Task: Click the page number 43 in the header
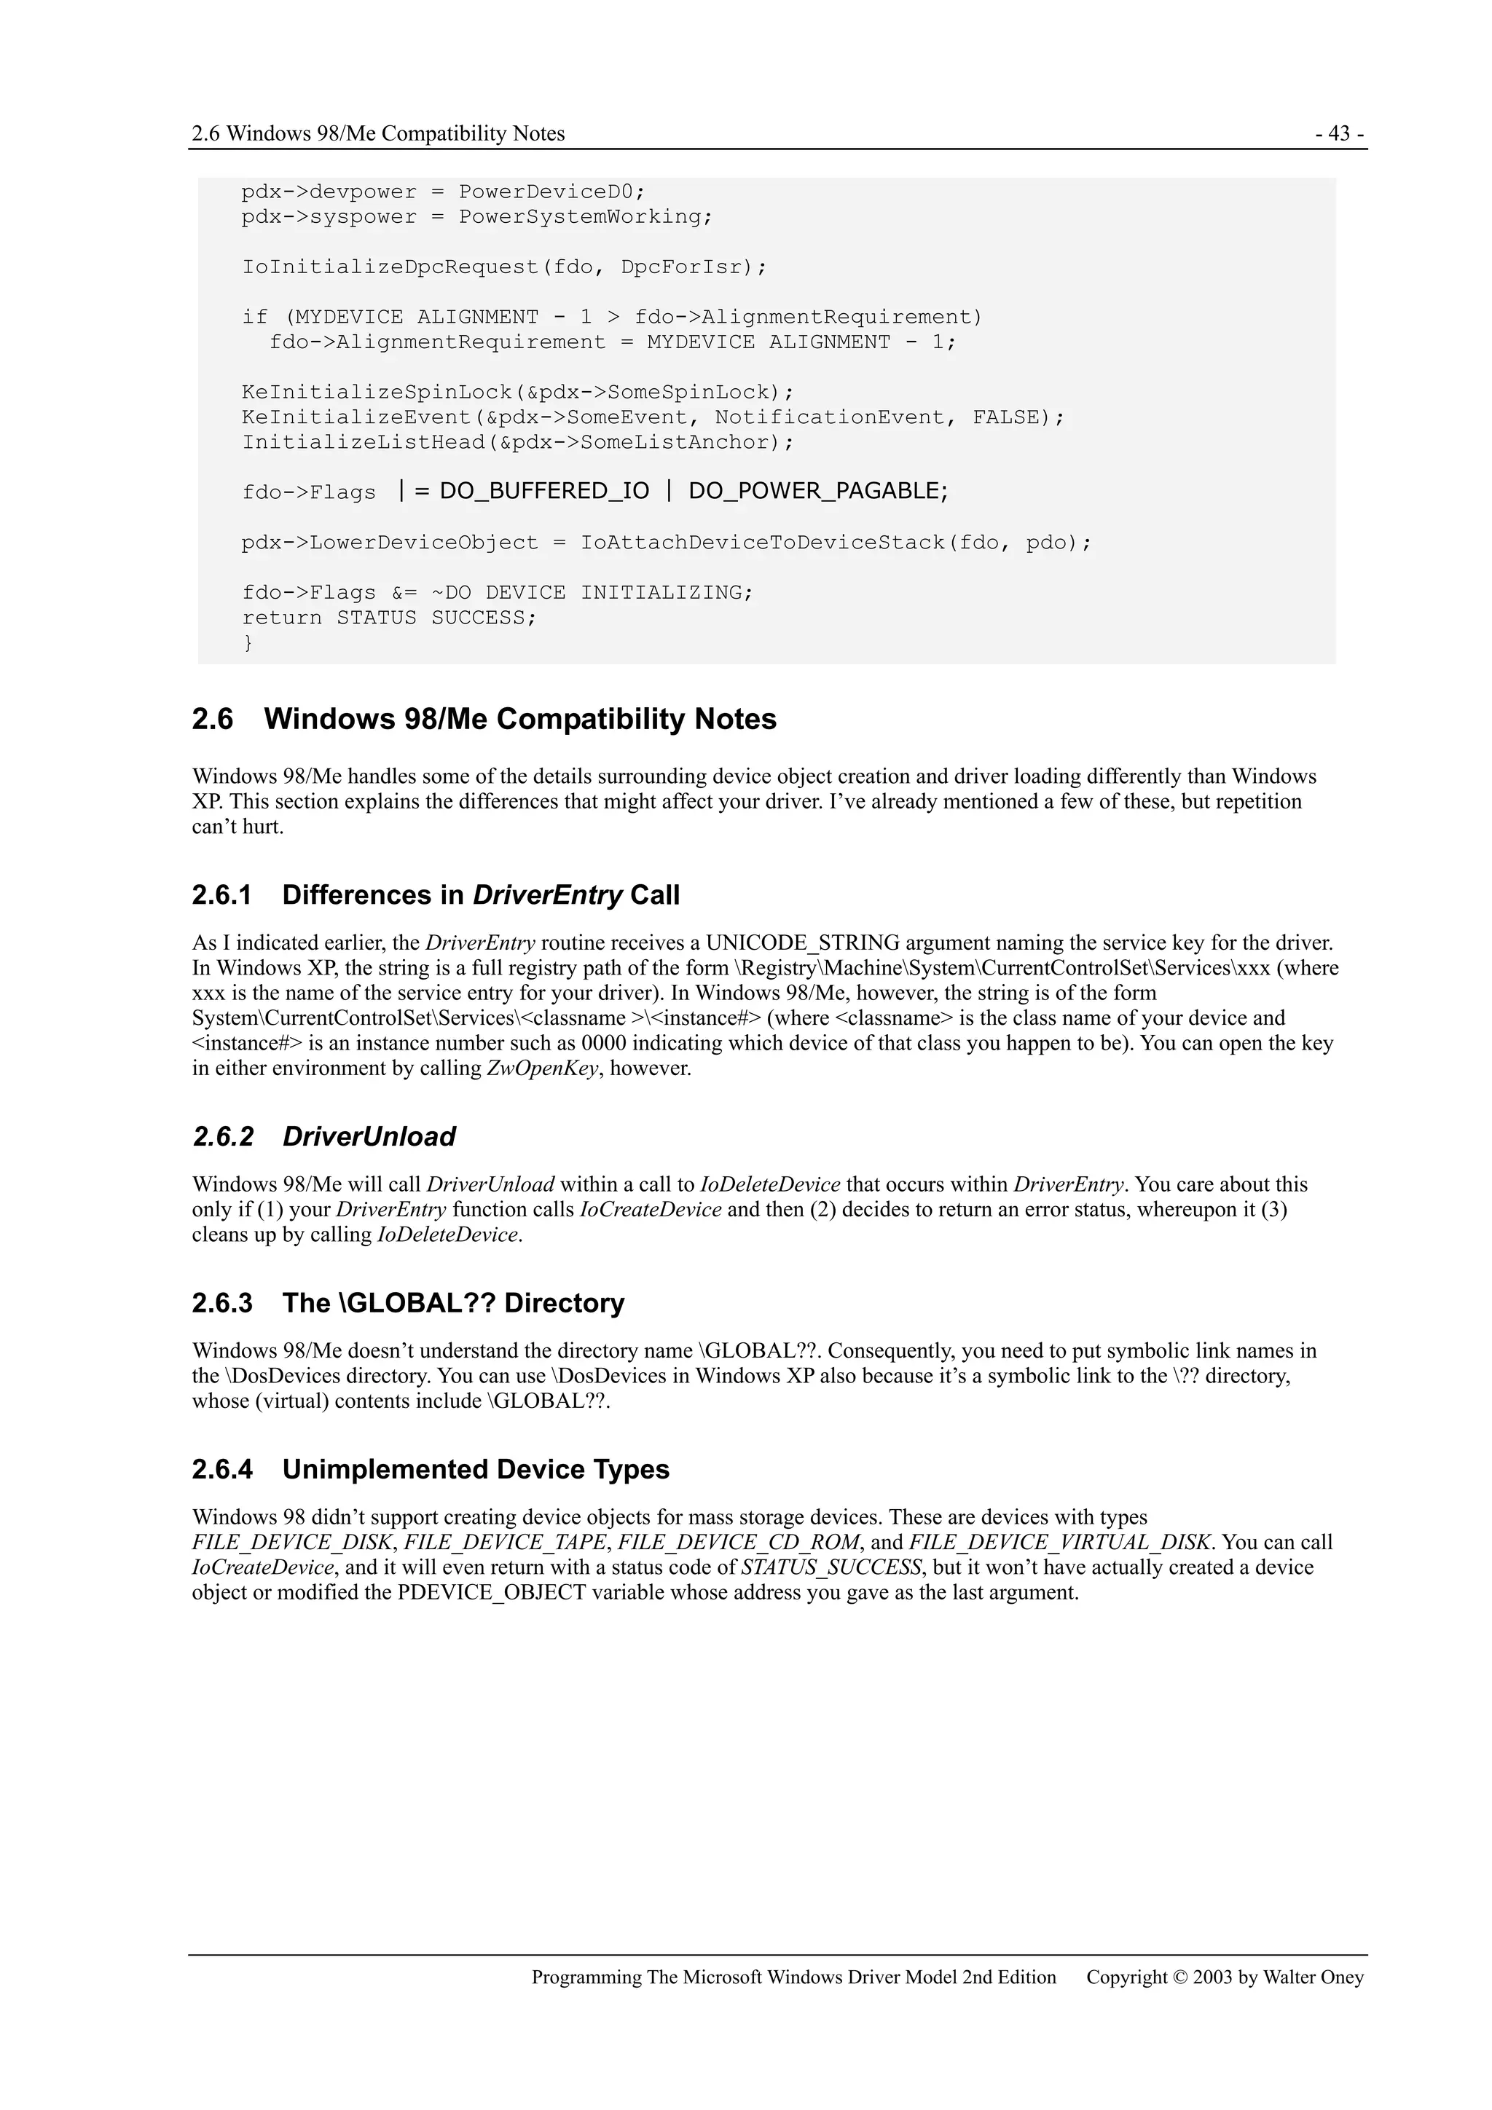(1340, 134)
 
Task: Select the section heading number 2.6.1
(221, 895)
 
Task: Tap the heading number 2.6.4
(221, 1470)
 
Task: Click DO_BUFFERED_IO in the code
(544, 492)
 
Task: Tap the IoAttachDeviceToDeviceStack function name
(762, 543)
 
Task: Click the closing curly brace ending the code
(247, 643)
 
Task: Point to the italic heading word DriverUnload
(369, 1137)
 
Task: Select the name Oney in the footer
(1341, 1977)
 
